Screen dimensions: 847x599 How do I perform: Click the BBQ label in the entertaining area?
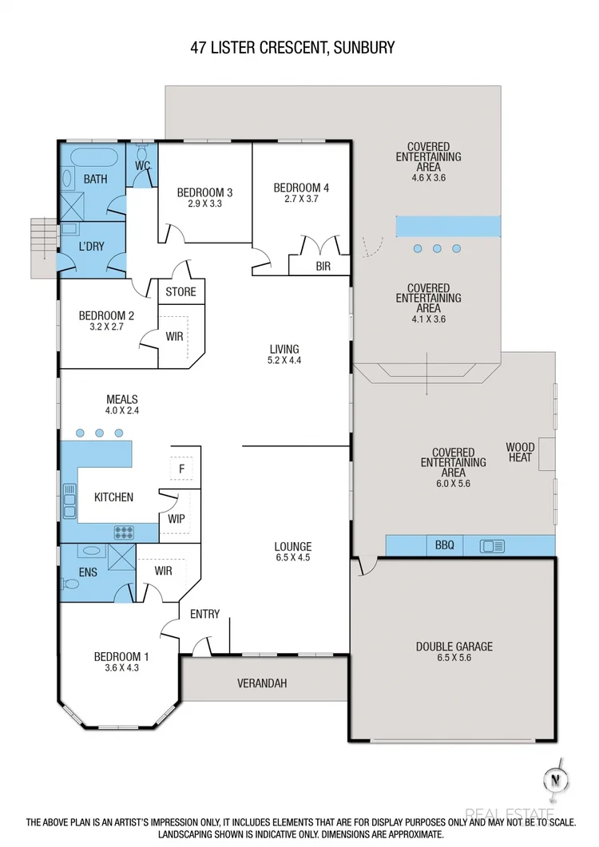tap(445, 546)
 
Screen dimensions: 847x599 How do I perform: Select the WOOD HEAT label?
tap(521, 453)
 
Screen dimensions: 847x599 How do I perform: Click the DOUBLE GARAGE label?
tap(454, 647)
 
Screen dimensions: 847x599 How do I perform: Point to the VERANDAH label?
tap(262, 683)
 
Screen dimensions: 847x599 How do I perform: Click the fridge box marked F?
tap(181, 469)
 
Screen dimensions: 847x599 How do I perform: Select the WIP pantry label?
tap(177, 519)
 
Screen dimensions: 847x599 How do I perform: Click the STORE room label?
tap(180, 291)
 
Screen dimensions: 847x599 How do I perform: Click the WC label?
tap(143, 165)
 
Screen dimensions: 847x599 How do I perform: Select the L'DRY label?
tap(93, 247)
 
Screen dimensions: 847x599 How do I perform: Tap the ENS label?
tap(89, 572)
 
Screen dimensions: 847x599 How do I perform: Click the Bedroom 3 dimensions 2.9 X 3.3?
tap(204, 204)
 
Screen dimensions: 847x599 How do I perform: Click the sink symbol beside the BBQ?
tap(492, 546)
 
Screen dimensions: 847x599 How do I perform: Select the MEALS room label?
tap(122, 399)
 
